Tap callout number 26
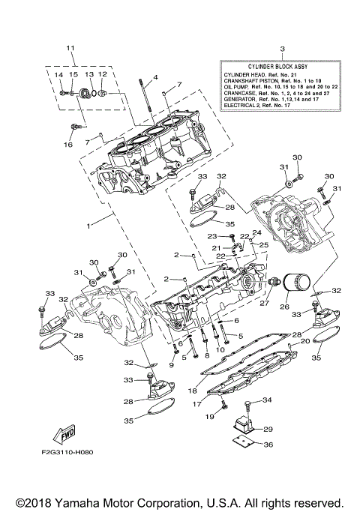click(x=284, y=307)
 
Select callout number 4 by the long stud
click(x=156, y=78)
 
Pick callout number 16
click(x=68, y=145)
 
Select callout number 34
click(x=268, y=400)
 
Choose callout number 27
click(x=264, y=304)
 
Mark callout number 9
click(x=171, y=365)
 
